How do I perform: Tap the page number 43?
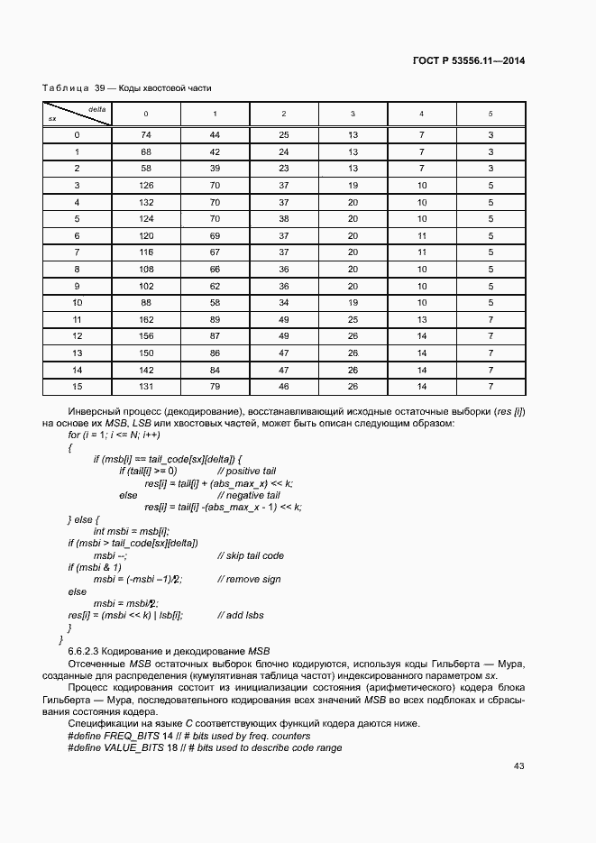pos(518,766)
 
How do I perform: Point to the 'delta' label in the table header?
pos(97,108)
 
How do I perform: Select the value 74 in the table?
pos(145,135)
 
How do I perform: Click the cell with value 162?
pos(145,319)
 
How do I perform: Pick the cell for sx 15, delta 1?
pos(215,387)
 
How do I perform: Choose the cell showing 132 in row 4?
pos(145,202)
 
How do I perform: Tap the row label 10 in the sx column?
pos(77,303)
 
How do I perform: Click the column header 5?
pos(491,114)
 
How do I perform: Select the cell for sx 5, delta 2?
pos(283,219)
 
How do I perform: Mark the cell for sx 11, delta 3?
pos(353,319)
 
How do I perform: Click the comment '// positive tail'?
pos(246,472)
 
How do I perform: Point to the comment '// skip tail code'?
pos(251,555)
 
